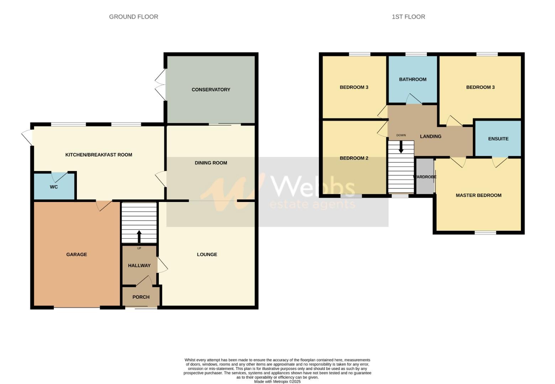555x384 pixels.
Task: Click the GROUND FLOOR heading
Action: [x=133, y=17]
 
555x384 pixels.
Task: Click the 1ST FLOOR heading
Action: [x=408, y=17]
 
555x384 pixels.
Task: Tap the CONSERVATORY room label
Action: [x=211, y=90]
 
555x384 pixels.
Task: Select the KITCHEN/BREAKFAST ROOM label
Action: [x=99, y=155]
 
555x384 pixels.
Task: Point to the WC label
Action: [x=54, y=187]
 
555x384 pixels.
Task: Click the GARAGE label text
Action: [x=77, y=255]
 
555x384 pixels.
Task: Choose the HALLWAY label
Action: [x=139, y=266]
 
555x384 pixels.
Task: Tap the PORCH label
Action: [x=141, y=297]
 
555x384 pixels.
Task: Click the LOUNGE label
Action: [x=207, y=255]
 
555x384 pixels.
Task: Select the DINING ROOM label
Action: [x=211, y=163]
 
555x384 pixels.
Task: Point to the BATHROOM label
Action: [x=413, y=79]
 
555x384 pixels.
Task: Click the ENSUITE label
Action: [x=498, y=139]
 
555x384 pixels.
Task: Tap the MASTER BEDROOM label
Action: [x=478, y=195]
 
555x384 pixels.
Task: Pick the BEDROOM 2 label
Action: [x=354, y=158]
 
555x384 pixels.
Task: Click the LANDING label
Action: [x=430, y=137]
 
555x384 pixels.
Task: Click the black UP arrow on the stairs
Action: [x=139, y=236]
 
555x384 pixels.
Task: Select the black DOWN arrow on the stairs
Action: [x=401, y=147]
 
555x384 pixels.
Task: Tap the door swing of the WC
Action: [x=59, y=177]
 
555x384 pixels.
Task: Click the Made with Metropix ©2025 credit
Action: [x=277, y=382]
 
